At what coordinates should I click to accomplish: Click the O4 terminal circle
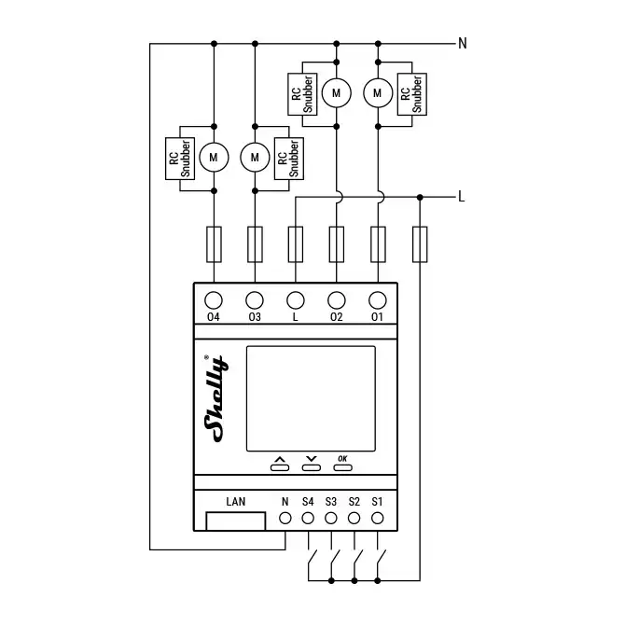(214, 300)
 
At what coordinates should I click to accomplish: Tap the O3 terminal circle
(255, 300)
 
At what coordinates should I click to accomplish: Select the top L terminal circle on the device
(296, 300)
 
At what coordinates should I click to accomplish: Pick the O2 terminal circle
(337, 300)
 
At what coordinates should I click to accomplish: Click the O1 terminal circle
(378, 300)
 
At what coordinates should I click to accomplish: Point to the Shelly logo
(215, 396)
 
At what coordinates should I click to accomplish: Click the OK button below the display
(342, 463)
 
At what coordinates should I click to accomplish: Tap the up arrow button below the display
(279, 463)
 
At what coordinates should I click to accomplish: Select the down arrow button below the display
(311, 463)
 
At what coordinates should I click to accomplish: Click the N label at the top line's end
(462, 43)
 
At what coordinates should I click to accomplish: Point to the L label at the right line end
(462, 197)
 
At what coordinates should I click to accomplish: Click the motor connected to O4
(214, 158)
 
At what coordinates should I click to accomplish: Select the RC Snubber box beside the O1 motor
(411, 93)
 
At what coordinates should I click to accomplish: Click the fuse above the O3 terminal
(255, 244)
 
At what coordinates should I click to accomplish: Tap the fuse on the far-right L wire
(420, 244)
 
